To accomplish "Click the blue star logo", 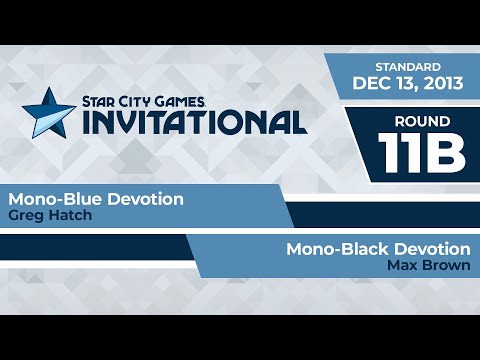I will (x=47, y=110).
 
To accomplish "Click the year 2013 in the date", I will (x=440, y=84).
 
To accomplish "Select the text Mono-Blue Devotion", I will (x=96, y=199).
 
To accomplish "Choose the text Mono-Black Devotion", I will (x=378, y=249).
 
